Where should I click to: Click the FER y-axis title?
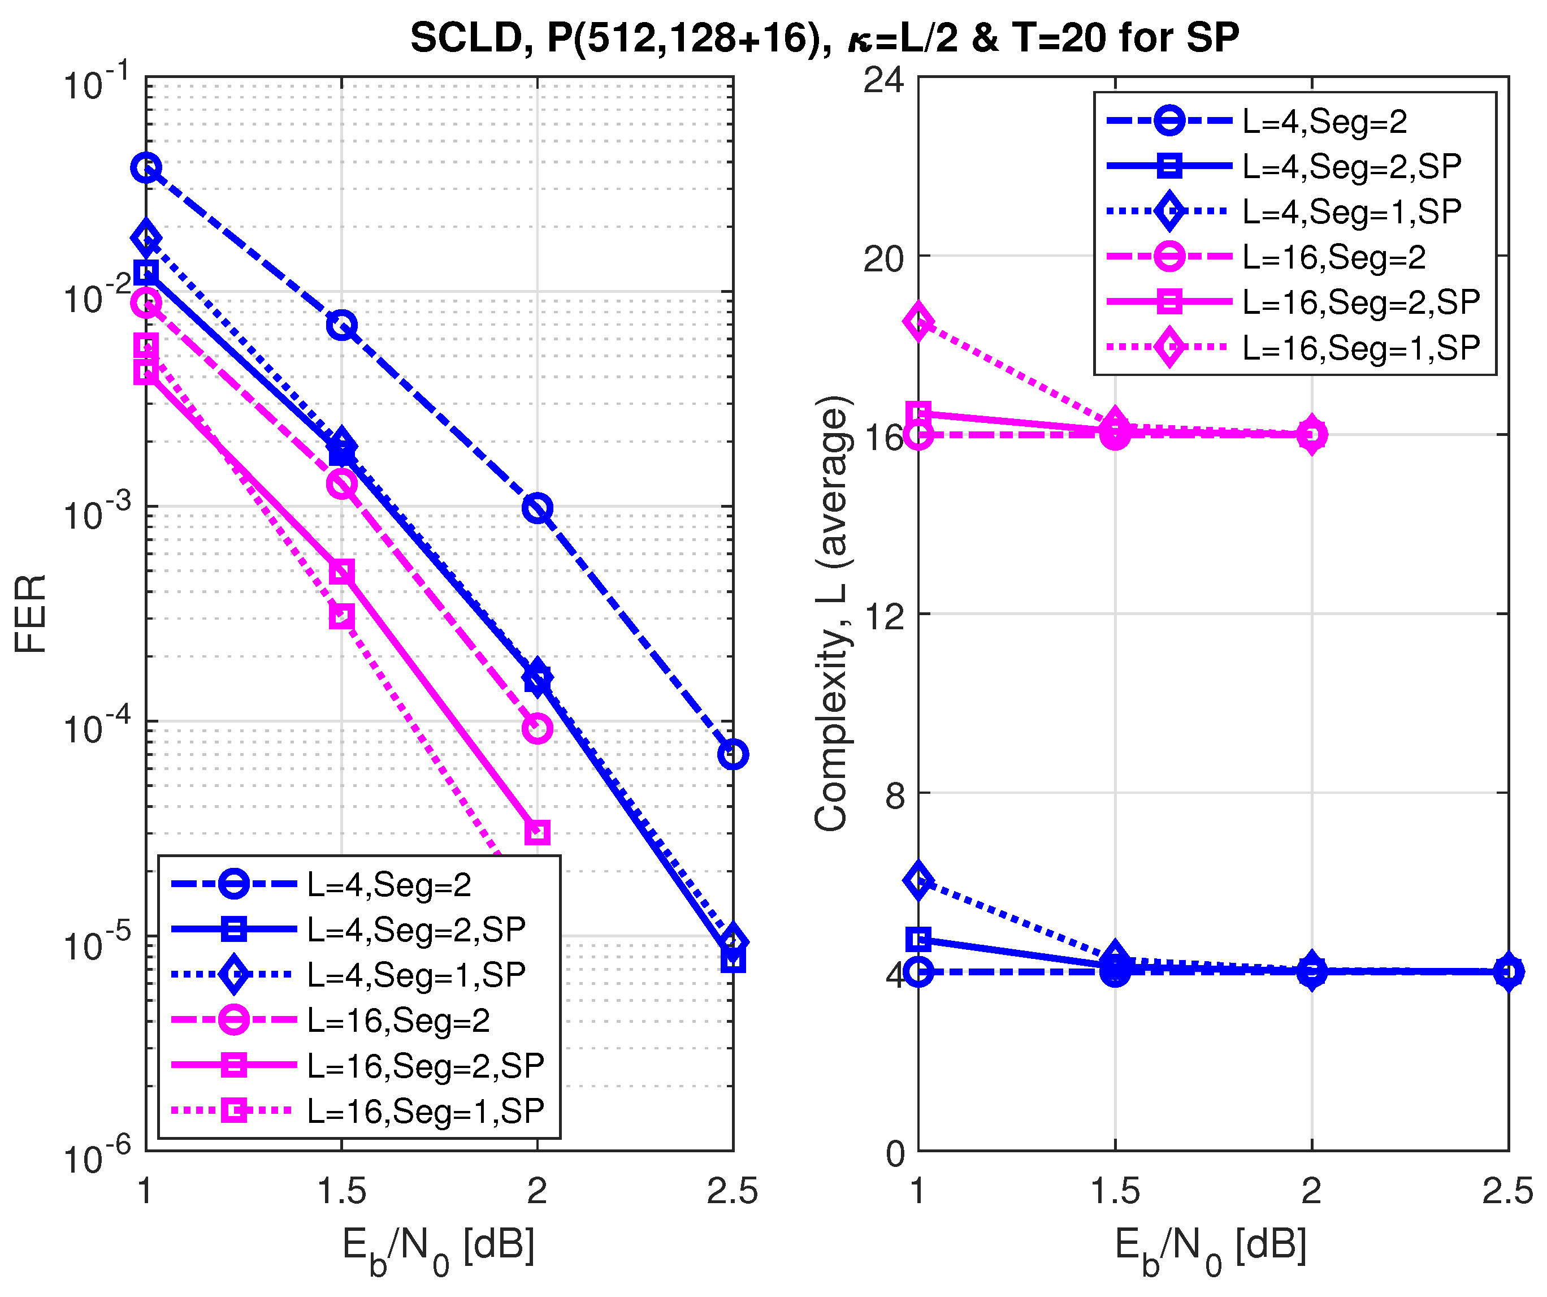click(x=31, y=614)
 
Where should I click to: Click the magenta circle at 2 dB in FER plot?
click(x=537, y=729)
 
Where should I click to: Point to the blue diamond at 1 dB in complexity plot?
click(x=918, y=881)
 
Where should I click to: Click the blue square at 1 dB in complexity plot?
click(x=918, y=940)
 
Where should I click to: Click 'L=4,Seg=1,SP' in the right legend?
click(x=1351, y=212)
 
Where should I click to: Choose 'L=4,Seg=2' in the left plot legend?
click(x=389, y=885)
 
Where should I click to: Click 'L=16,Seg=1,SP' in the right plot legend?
click(x=1360, y=348)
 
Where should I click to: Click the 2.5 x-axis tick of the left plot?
click(x=733, y=1192)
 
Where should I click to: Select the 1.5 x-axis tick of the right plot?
click(x=1115, y=1192)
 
